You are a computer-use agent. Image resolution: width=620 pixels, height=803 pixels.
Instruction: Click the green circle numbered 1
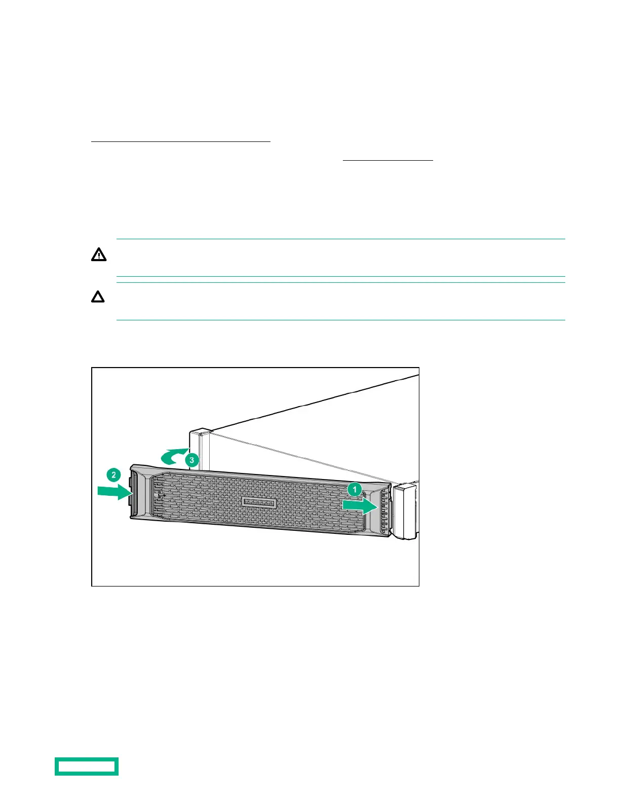coord(355,490)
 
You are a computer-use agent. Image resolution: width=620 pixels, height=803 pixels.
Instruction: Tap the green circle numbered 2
coord(113,475)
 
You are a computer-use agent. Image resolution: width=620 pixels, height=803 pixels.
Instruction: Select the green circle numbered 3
coord(191,460)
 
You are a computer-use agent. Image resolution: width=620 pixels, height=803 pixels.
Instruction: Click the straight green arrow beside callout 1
coord(360,506)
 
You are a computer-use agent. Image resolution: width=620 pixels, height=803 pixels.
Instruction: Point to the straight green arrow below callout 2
coord(114,491)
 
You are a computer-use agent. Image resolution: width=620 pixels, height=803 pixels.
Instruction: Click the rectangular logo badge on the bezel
coord(258,502)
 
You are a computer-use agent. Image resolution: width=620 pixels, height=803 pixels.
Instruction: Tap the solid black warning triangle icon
coord(99,254)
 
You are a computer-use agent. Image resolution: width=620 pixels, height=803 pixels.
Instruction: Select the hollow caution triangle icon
coord(98,297)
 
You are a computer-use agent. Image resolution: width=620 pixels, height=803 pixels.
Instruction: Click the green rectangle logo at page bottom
coord(87,766)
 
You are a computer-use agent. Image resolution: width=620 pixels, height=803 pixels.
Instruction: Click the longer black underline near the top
coord(181,142)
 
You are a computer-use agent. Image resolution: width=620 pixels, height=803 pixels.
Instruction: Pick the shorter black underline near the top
coord(388,160)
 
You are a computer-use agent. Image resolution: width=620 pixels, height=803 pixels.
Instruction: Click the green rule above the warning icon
coord(340,239)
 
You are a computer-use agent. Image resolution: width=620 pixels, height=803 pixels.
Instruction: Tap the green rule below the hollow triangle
coord(340,320)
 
